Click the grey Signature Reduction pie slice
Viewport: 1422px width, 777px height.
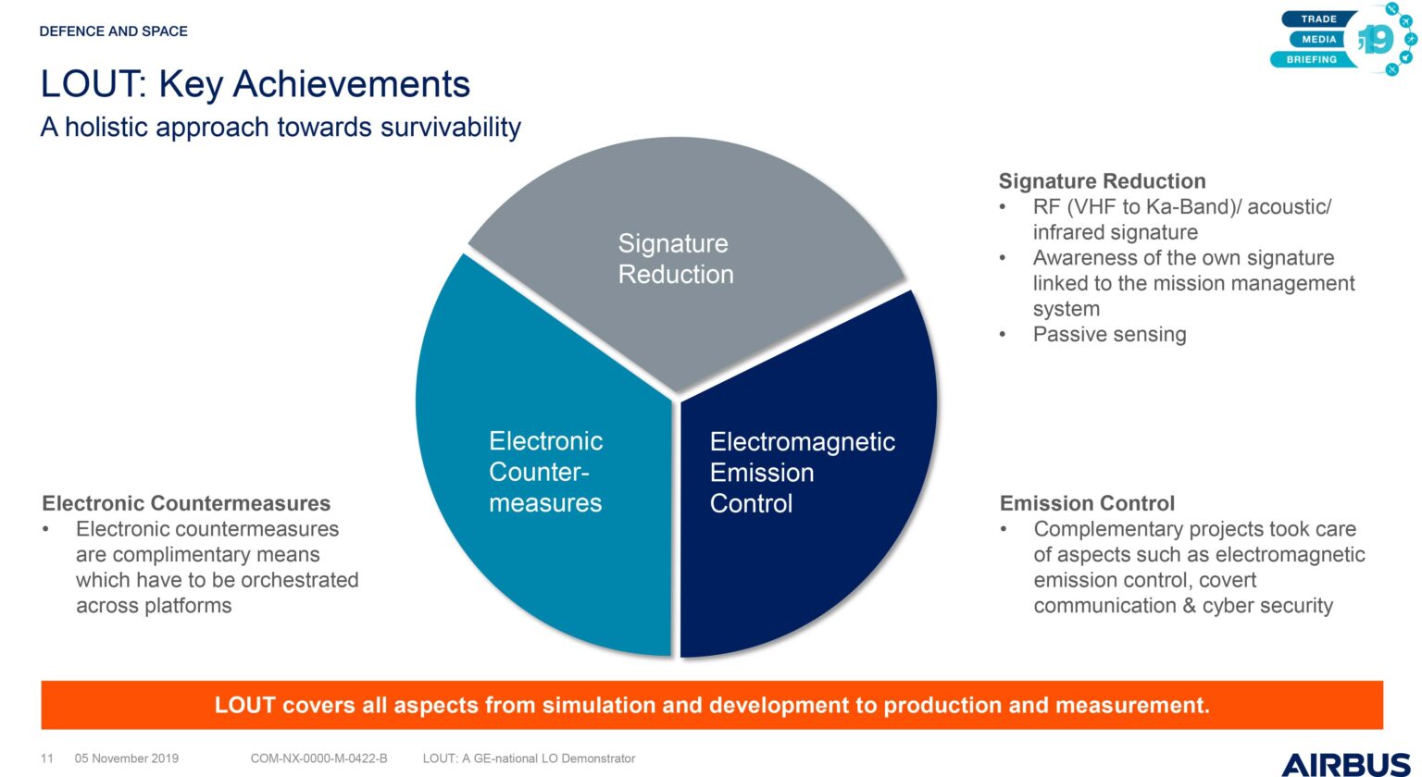point(686,253)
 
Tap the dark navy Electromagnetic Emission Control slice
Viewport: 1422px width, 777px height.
point(806,482)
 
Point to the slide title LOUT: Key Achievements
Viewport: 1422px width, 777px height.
point(256,84)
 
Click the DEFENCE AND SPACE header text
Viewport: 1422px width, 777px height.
point(114,31)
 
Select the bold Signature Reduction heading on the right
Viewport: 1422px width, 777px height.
point(1102,180)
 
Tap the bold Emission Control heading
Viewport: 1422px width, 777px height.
point(1087,503)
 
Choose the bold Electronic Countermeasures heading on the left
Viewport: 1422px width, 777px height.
point(186,503)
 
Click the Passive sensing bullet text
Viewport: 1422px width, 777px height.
point(1109,334)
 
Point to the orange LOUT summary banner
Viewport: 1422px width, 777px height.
point(712,705)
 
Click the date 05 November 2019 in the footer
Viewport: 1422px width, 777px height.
point(126,758)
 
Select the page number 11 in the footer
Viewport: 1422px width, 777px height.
point(47,758)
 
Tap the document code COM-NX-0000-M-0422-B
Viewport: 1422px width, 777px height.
point(318,758)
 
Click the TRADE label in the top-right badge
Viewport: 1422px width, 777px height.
point(1319,19)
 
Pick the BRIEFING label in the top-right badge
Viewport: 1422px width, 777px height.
point(1312,59)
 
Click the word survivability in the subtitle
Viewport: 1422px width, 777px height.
point(451,128)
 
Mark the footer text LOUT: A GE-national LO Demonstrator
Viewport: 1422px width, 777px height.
point(529,758)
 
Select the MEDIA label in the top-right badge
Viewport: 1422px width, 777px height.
point(1319,40)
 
